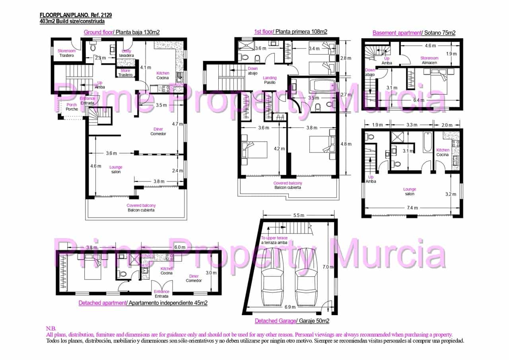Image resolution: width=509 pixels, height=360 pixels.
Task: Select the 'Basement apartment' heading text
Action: point(396,33)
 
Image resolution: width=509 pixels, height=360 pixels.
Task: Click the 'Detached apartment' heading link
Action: point(102,303)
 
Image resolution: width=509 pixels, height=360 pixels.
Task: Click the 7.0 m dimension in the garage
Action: point(328,267)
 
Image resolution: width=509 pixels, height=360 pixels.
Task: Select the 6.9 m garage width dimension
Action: point(290,307)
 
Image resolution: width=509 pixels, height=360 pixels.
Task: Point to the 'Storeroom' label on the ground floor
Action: point(66,51)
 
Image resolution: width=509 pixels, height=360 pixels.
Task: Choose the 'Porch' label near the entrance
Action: point(72,105)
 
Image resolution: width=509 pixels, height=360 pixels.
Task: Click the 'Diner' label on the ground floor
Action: point(158,129)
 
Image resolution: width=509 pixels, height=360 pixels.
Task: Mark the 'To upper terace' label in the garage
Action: point(274,238)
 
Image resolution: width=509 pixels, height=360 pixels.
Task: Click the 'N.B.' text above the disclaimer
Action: point(51,329)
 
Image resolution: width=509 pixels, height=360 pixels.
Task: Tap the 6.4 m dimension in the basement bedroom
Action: point(419,100)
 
